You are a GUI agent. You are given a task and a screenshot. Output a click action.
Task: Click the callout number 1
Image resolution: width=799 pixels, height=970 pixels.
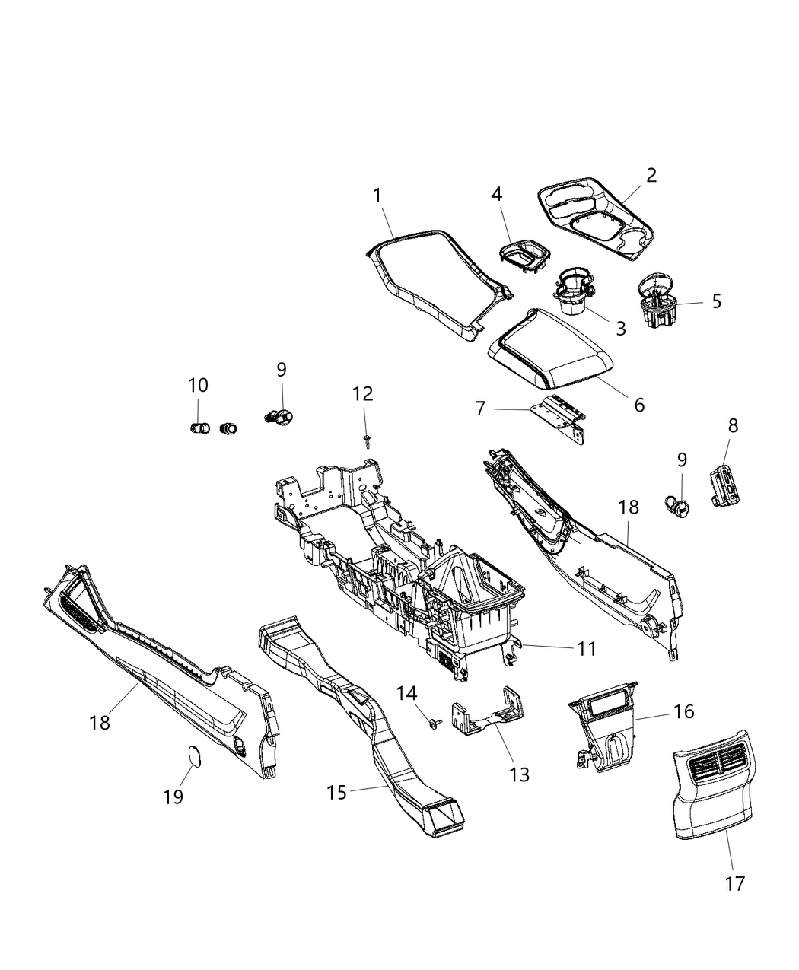click(377, 196)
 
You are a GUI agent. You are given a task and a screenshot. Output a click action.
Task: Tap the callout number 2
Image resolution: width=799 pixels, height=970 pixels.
click(651, 175)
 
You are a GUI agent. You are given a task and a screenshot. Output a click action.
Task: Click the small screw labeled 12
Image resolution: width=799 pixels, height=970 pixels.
click(367, 439)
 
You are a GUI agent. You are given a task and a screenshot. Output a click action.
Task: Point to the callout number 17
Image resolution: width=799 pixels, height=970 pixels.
click(734, 883)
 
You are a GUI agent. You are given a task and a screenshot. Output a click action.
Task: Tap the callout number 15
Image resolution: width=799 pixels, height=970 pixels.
click(336, 792)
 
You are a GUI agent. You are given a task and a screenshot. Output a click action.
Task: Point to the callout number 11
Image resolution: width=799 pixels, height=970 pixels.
click(586, 649)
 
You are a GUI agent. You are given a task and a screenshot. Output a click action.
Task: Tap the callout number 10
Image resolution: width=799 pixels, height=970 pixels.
click(198, 386)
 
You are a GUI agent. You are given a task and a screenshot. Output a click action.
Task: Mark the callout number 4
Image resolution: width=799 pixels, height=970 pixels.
click(497, 194)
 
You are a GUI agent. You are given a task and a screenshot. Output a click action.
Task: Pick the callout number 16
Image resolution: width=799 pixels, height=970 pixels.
click(683, 711)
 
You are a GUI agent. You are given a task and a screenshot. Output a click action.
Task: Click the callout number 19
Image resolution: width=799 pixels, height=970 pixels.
click(173, 797)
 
